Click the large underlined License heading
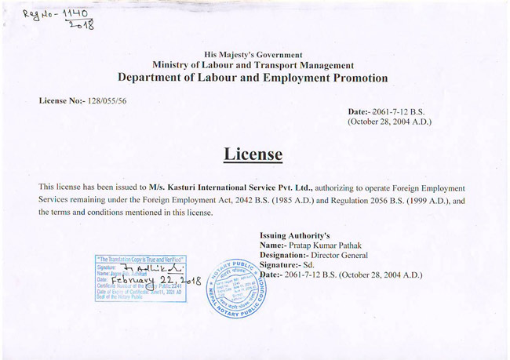(253, 155)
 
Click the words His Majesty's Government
(253, 55)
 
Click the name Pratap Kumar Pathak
(324, 245)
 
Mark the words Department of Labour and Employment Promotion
(253, 78)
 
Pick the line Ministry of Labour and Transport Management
(253, 66)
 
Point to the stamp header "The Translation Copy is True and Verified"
(140, 259)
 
